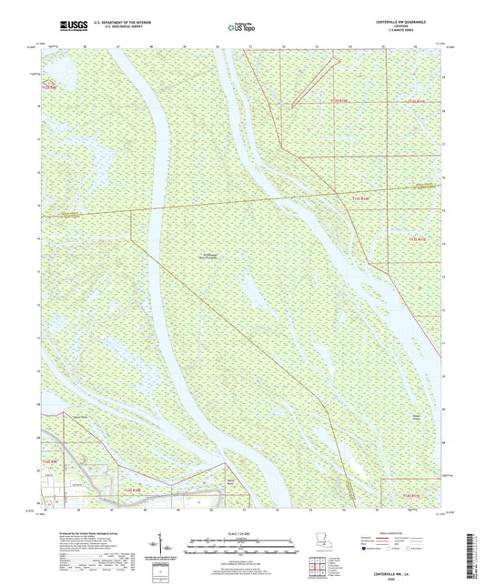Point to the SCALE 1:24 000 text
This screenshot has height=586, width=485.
[241, 533]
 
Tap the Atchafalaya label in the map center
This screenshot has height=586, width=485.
[207, 256]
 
